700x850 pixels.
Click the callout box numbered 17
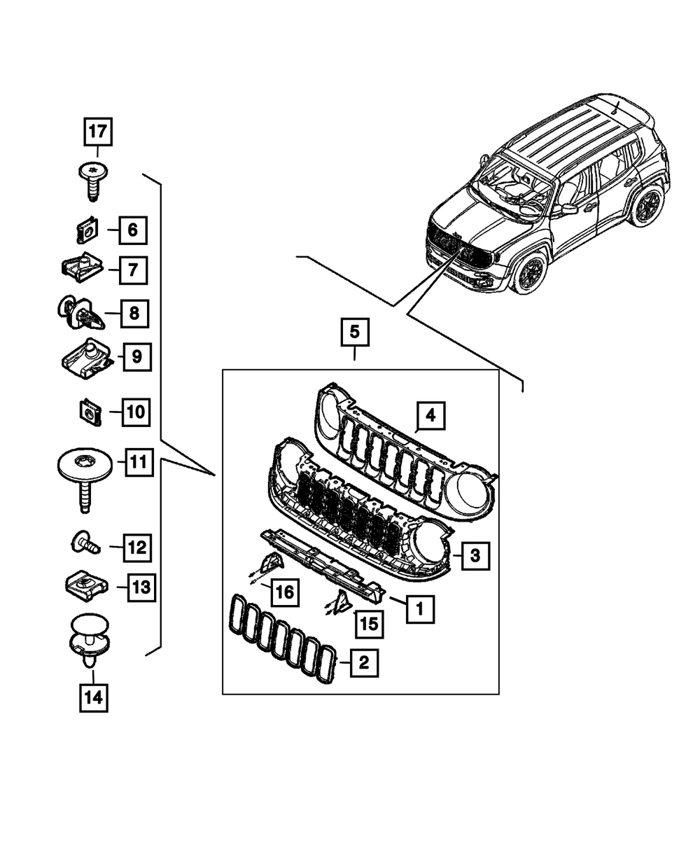(98, 131)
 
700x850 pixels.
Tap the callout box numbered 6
(132, 229)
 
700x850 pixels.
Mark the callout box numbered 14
(93, 697)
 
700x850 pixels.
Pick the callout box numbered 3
(475, 557)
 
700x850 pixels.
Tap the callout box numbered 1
(419, 609)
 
